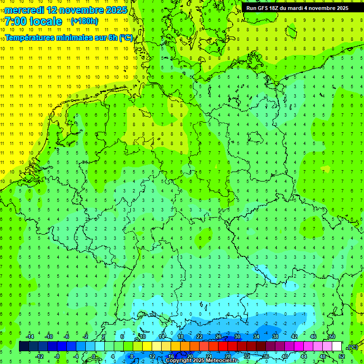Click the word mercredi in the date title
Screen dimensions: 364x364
click(24, 9)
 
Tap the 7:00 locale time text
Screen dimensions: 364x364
click(33, 21)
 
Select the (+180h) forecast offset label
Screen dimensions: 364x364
click(84, 21)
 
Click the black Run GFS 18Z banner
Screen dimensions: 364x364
click(297, 8)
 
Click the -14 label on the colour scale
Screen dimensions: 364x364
click(29, 337)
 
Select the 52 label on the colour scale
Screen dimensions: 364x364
click(341, 356)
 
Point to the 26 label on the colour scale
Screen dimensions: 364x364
click(218, 337)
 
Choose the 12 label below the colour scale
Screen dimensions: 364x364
click(152, 356)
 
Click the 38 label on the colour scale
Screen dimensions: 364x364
click(275, 337)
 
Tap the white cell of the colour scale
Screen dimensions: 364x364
click(337, 346)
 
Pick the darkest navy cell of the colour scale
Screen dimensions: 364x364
click(24, 346)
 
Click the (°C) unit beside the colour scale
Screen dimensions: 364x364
click(353, 347)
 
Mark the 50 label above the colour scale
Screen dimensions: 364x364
click(332, 337)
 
